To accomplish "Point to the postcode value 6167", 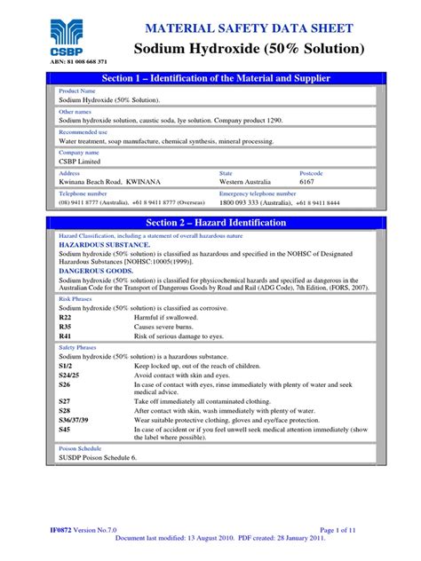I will [x=336, y=179].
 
